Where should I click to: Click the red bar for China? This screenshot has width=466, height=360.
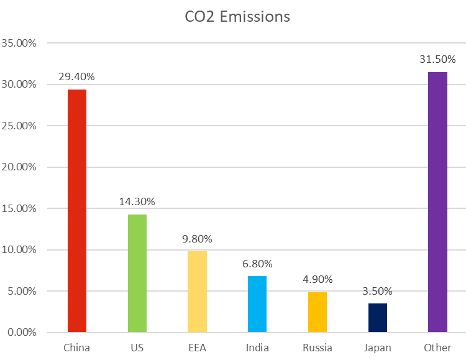pyautogui.click(x=77, y=211)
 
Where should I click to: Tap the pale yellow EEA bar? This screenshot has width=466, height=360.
pyautogui.click(x=198, y=292)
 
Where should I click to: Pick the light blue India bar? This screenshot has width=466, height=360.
pyautogui.click(x=257, y=304)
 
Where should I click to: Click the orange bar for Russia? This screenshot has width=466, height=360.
pyautogui.click(x=318, y=312)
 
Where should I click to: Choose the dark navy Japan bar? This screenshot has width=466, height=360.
pyautogui.click(x=378, y=318)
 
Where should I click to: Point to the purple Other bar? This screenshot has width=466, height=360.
pyautogui.click(x=437, y=202)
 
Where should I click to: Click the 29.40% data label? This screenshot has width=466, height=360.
pyautogui.click(x=77, y=77)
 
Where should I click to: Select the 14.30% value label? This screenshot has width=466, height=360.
pyautogui.click(x=137, y=201)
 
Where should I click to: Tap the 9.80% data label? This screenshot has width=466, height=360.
pyautogui.click(x=198, y=239)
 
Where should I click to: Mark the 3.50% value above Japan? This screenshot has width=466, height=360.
pyautogui.click(x=378, y=291)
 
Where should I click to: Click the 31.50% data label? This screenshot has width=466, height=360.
pyautogui.click(x=437, y=60)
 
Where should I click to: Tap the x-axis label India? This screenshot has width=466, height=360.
pyautogui.click(x=257, y=348)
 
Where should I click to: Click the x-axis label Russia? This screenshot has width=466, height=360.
pyautogui.click(x=318, y=348)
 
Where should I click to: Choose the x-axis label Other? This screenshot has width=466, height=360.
pyautogui.click(x=437, y=348)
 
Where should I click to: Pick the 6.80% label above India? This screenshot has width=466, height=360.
pyautogui.click(x=257, y=264)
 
